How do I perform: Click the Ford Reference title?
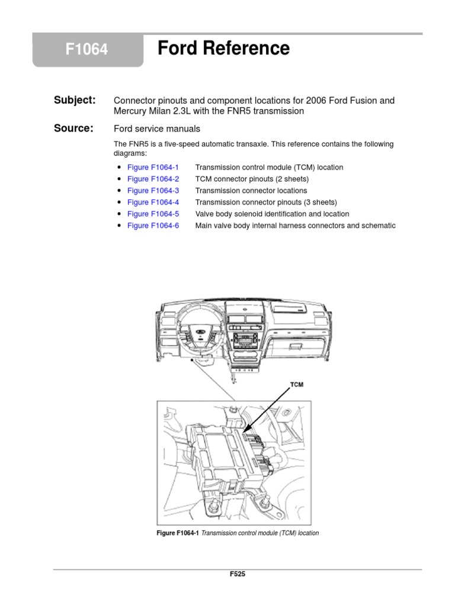[223, 49]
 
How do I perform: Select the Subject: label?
[74, 100]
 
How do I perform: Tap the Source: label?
[73, 128]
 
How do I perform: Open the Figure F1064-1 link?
[153, 168]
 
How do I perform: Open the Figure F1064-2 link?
[153, 179]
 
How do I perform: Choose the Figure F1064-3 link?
[153, 191]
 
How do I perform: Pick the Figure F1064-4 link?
[153, 202]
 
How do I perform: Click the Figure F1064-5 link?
[153, 214]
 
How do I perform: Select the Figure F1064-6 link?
[153, 226]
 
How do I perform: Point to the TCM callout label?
[297, 385]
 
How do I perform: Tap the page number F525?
[237, 574]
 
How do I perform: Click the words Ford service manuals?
[156, 129]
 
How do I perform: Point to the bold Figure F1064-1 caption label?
[178, 533]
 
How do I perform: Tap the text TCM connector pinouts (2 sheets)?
[252, 179]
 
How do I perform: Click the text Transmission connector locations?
[251, 191]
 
